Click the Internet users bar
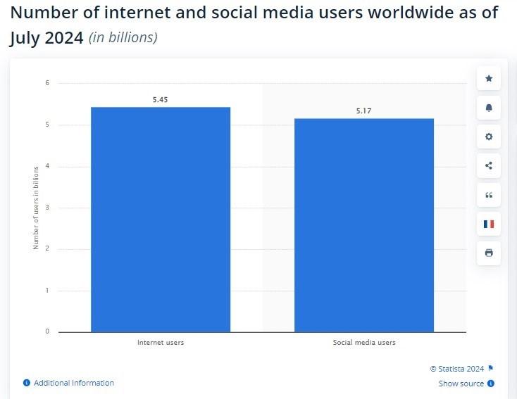click(x=161, y=219)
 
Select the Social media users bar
click(x=364, y=224)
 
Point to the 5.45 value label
click(x=161, y=100)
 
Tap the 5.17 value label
click(x=364, y=111)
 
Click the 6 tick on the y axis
click(x=47, y=83)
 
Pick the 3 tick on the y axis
click(x=47, y=208)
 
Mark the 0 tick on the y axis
click(x=47, y=331)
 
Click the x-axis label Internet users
click(x=161, y=343)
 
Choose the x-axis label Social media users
click(x=364, y=343)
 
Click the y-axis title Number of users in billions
click(x=35, y=208)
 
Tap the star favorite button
click(x=489, y=78)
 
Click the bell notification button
click(x=489, y=108)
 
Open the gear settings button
click(x=489, y=137)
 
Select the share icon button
click(x=489, y=166)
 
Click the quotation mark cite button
click(x=489, y=195)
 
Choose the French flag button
click(x=489, y=224)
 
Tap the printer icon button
click(x=489, y=253)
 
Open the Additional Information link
click(x=73, y=383)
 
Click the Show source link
click(x=461, y=384)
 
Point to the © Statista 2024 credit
click(x=457, y=368)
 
